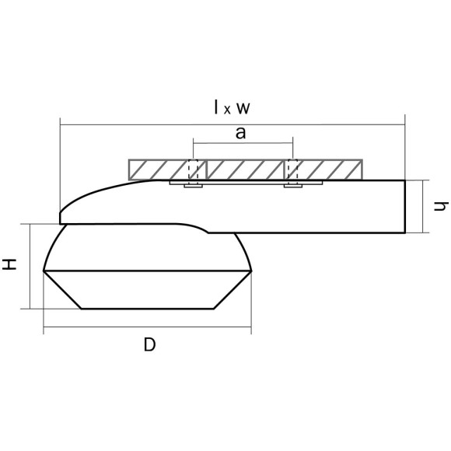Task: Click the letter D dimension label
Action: tap(149, 344)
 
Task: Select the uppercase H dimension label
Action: tap(9, 264)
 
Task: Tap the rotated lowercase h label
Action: tap(441, 206)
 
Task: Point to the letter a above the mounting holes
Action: tap(241, 133)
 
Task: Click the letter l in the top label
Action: tap(216, 107)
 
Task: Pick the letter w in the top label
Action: tap(243, 109)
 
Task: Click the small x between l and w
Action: tap(227, 110)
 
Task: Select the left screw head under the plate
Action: tap(194, 186)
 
